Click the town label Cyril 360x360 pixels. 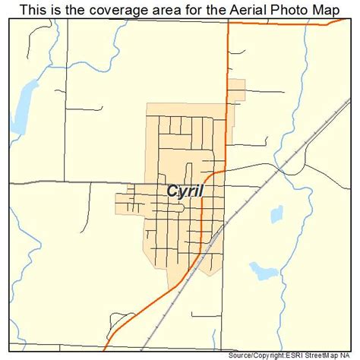185,191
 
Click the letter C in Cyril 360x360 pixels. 172,191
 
